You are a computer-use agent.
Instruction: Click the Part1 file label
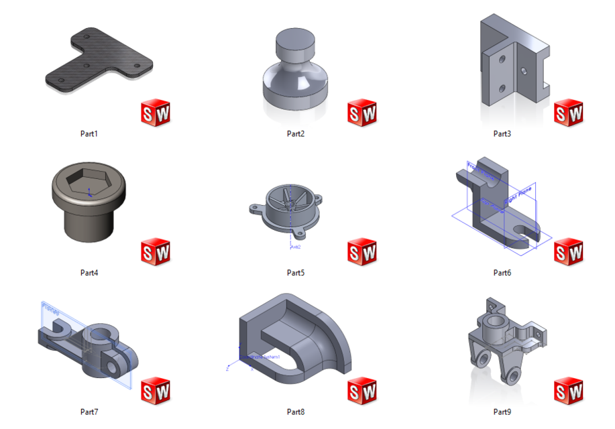[89, 134]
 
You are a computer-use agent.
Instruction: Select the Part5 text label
[296, 273]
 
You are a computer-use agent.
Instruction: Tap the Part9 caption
[502, 412]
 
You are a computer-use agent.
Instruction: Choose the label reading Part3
[502, 134]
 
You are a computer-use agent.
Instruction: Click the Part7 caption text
[89, 412]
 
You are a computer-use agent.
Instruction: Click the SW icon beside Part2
[362, 113]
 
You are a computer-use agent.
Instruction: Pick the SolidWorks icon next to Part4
[156, 252]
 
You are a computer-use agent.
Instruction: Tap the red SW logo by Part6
[569, 252]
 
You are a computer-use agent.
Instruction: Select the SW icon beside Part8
[362, 391]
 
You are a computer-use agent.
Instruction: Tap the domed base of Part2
[295, 86]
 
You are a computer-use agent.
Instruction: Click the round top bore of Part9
[497, 321]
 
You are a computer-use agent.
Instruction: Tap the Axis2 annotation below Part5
[294, 247]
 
